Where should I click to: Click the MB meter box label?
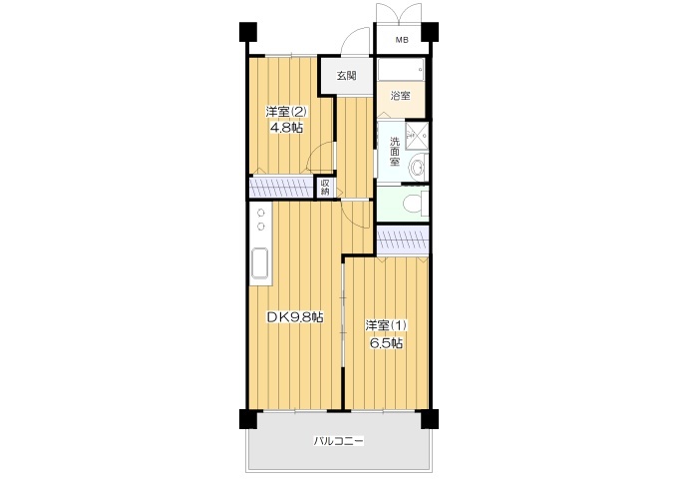[x=402, y=40]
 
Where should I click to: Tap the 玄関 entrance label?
[x=346, y=75]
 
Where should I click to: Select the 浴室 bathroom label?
[x=400, y=95]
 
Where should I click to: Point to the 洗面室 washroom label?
[x=395, y=152]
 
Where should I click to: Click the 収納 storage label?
[x=325, y=187]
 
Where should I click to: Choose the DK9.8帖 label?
[x=295, y=317]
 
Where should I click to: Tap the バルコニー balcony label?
[x=339, y=441]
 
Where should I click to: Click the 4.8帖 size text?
[x=286, y=128]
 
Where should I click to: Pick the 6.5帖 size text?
[x=387, y=343]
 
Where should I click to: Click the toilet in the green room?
[x=414, y=203]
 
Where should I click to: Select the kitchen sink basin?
[x=260, y=264]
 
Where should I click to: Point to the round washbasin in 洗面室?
[x=418, y=167]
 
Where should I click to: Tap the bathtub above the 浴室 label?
[x=401, y=69]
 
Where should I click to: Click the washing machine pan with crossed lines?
[x=417, y=134]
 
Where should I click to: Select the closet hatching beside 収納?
[x=281, y=187]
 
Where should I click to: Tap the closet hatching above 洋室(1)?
[x=403, y=240]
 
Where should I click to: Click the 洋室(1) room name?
[x=386, y=325]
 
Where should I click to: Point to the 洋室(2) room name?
[x=286, y=112]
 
